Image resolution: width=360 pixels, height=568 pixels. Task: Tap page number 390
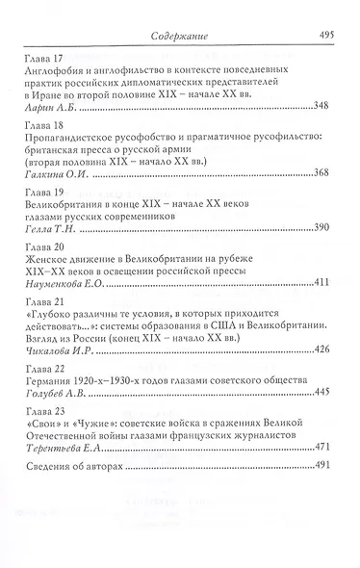click(321, 231)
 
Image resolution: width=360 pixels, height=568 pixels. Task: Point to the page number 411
click(321, 283)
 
